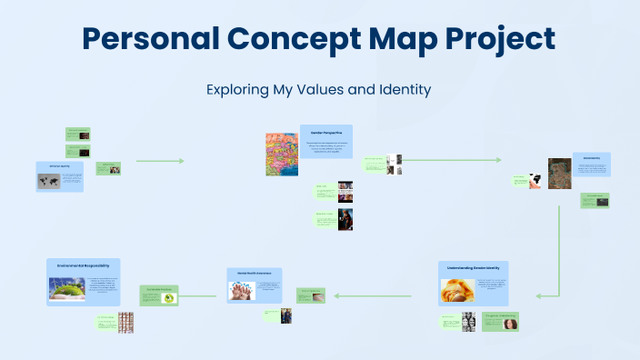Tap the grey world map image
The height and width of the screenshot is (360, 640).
49,180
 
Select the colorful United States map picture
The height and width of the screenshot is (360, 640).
281,154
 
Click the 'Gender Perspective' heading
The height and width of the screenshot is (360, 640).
325,133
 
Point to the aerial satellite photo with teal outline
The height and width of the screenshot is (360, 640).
559,173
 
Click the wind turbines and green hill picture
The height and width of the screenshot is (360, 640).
66,290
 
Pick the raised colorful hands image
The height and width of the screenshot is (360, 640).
243,290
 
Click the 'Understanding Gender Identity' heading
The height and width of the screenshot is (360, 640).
473,268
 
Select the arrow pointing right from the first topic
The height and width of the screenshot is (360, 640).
160,161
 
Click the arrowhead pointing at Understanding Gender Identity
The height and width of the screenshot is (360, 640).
539,295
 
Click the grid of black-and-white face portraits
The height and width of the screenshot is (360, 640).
468,321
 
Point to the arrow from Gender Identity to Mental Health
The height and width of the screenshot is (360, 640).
382,295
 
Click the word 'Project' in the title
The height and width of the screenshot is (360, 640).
492,39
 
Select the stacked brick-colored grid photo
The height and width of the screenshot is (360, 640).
125,321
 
